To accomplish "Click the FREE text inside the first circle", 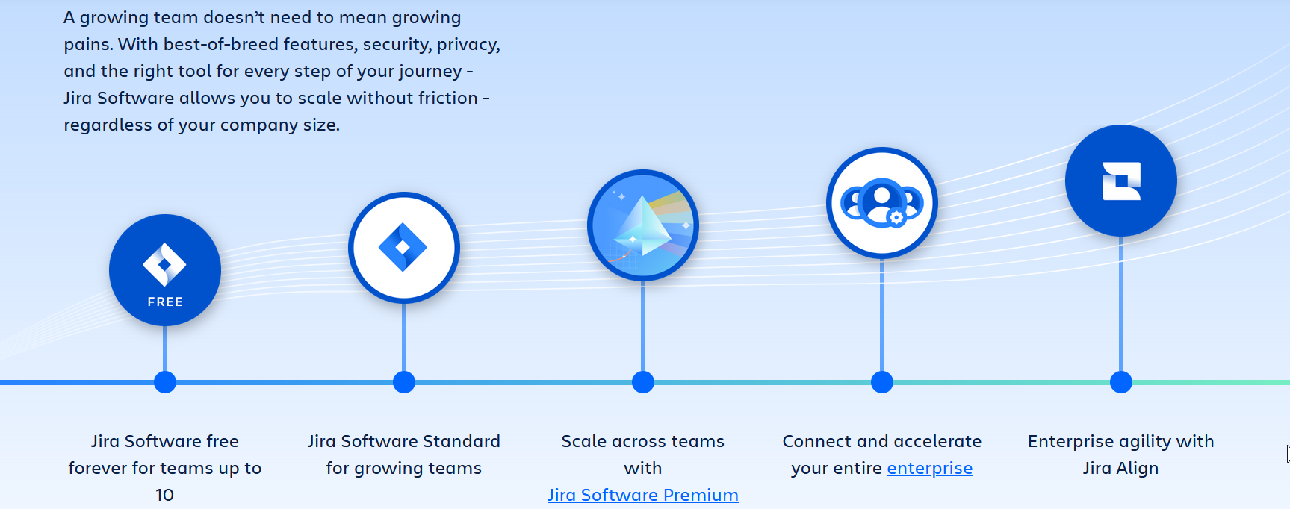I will pos(165,302).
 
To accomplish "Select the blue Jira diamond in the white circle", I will pos(403,247).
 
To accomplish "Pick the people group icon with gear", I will pos(881,202).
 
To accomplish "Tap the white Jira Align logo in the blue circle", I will pos(1121,181).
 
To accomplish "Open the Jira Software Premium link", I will pos(642,495).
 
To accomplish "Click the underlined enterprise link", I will pos(929,468).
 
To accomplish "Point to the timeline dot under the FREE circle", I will pos(165,382).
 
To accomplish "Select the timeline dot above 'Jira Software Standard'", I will pos(404,382).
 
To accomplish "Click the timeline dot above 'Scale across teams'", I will pos(643,382).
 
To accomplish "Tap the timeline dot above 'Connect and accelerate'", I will pos(882,382).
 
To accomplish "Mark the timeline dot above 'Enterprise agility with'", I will pos(1121,382).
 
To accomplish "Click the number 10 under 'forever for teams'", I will pos(164,495).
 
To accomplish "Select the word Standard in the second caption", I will pos(461,441).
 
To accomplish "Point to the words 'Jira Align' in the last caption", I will pos(1120,468).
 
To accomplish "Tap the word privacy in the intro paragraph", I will pos(467,45).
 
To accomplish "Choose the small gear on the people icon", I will pos(897,218).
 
